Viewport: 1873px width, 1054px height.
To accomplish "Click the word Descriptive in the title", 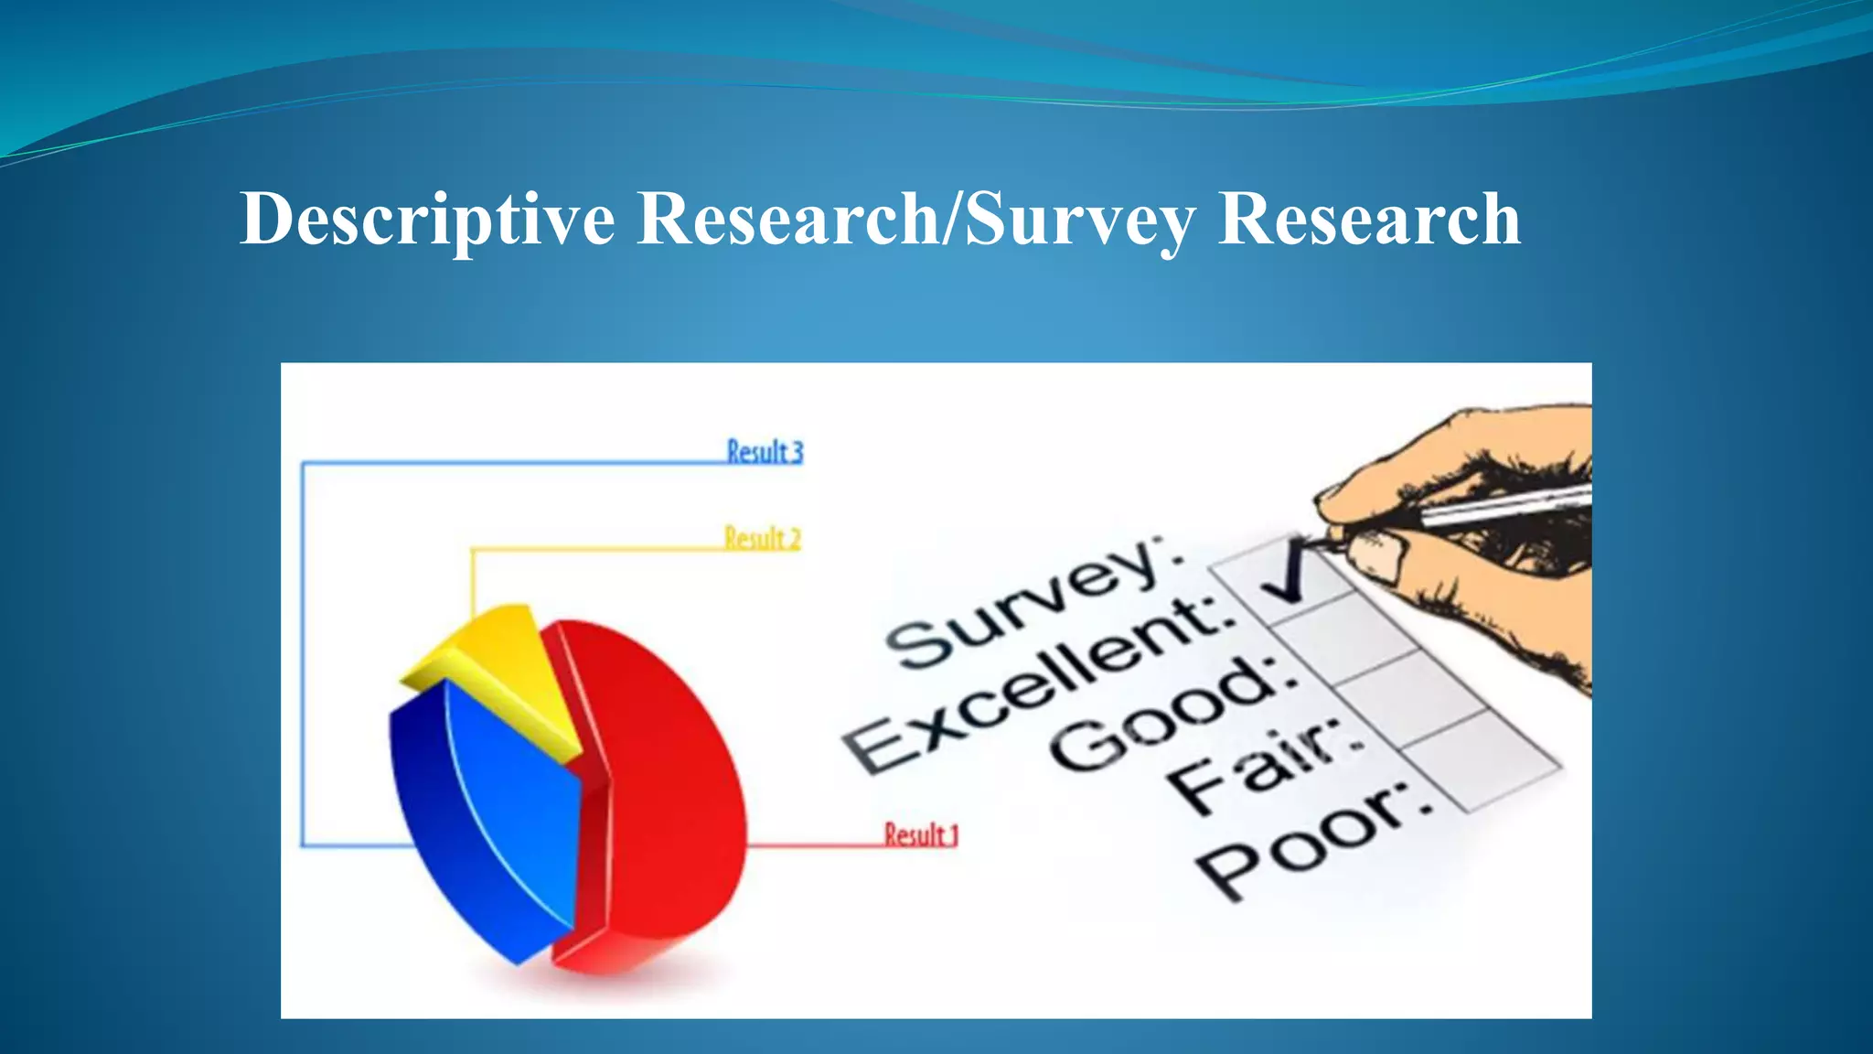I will pyautogui.click(x=427, y=220).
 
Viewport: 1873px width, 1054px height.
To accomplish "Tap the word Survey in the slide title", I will pyautogui.click(x=1080, y=220).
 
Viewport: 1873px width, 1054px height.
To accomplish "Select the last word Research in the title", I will pyautogui.click(x=1369, y=220).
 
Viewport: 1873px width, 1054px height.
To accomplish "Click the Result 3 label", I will pyautogui.click(x=765, y=452).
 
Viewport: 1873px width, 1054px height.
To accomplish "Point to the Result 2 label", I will pyautogui.click(x=762, y=538).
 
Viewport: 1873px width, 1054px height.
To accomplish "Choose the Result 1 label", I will pyautogui.click(x=920, y=834).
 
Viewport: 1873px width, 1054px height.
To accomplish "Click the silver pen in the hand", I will pyautogui.click(x=1509, y=506).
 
